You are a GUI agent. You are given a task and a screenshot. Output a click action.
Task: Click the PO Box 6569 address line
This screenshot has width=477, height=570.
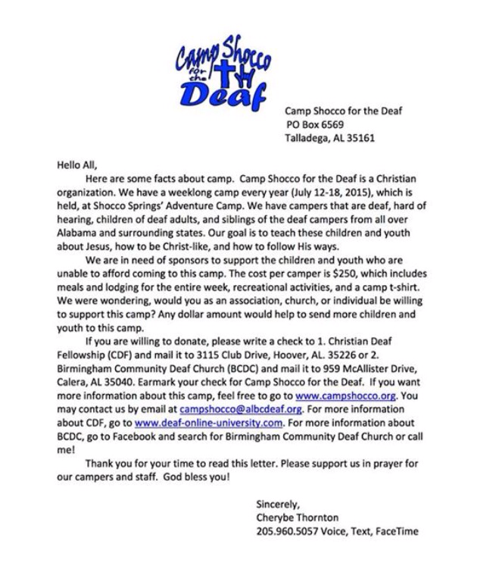[x=316, y=124]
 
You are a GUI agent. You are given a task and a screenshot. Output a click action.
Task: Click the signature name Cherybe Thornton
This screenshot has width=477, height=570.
[x=297, y=518]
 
